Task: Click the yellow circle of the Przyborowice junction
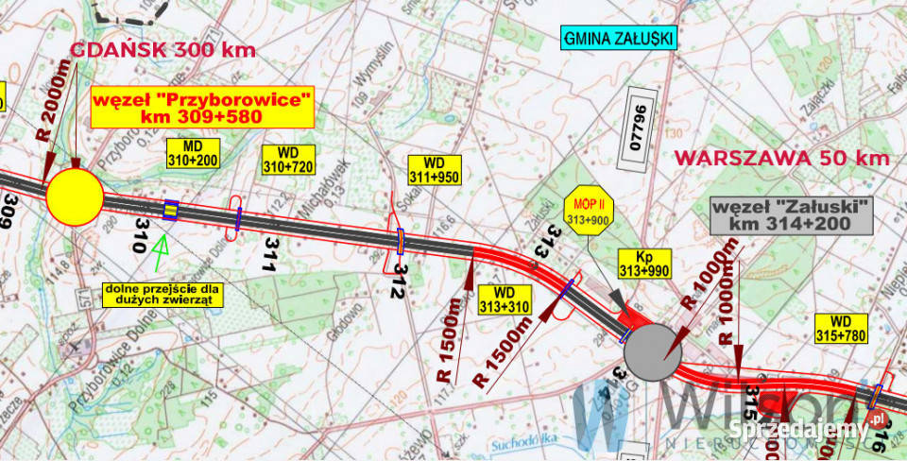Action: click(75, 196)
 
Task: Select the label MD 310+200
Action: click(193, 154)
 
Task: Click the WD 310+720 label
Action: click(288, 161)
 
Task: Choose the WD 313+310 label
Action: click(505, 299)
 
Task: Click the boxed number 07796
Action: click(638, 129)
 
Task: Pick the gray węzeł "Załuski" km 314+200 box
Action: click(790, 216)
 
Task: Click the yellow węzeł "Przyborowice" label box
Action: click(201, 107)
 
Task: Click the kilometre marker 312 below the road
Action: click(400, 281)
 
